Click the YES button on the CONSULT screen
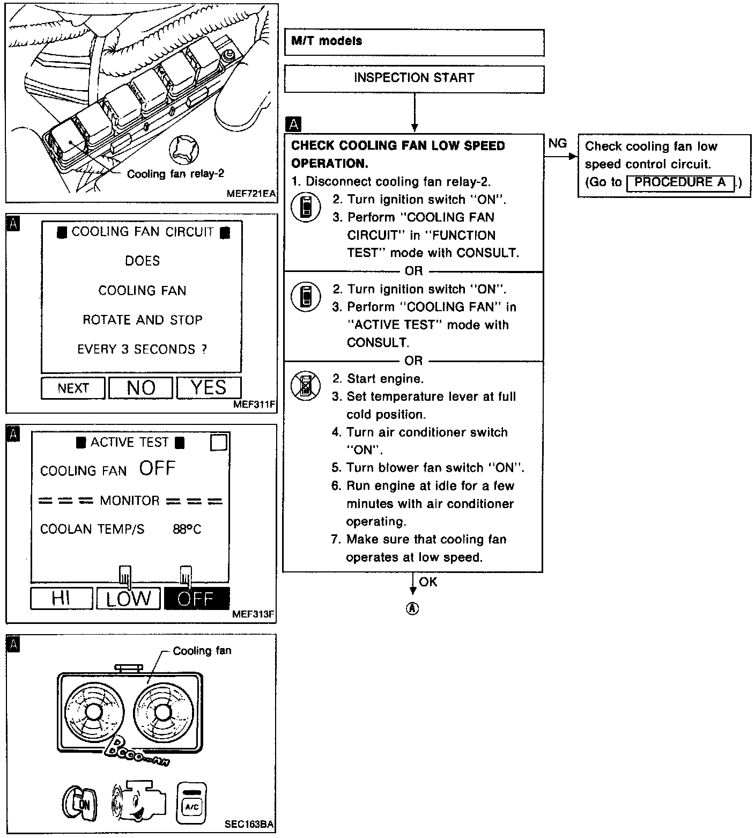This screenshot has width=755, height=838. [x=209, y=387]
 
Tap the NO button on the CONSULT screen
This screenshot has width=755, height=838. [x=140, y=387]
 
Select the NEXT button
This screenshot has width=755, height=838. [x=73, y=388]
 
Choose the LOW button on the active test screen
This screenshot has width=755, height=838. [x=128, y=598]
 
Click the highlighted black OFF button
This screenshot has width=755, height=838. [x=196, y=598]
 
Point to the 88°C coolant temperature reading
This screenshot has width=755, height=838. [x=187, y=530]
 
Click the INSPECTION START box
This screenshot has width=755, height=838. [x=414, y=78]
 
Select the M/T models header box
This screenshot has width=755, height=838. [x=414, y=42]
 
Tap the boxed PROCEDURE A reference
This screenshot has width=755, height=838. [x=680, y=182]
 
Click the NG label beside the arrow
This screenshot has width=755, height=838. [x=558, y=143]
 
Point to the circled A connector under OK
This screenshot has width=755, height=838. [x=412, y=609]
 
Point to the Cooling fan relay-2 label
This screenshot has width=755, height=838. [x=175, y=174]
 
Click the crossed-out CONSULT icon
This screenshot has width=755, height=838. [x=306, y=385]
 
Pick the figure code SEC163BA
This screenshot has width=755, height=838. [x=250, y=825]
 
